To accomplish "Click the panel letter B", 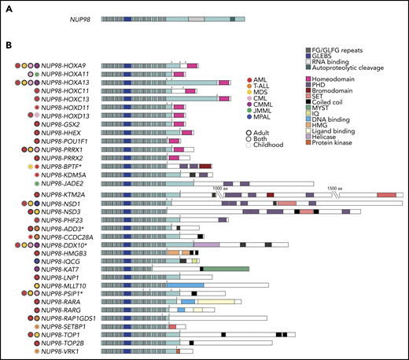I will point(9,50).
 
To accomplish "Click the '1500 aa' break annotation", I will point(337,188).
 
